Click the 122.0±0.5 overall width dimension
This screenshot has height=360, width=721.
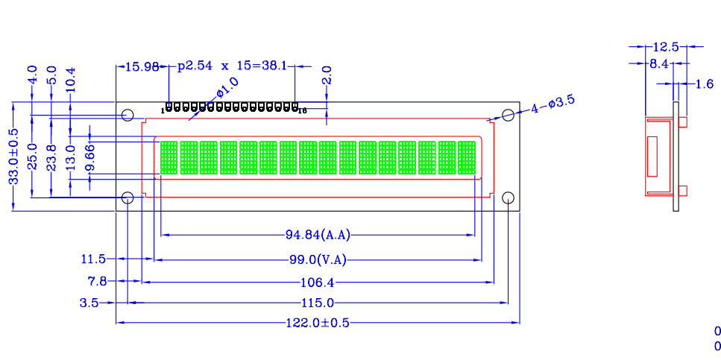point(318,323)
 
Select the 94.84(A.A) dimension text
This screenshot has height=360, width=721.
point(318,236)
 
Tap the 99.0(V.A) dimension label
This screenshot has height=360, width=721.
point(318,260)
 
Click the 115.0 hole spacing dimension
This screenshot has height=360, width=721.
point(318,303)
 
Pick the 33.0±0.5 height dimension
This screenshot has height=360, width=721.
point(14,157)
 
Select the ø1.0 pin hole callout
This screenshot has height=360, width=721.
point(227,87)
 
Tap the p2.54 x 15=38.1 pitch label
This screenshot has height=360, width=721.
point(232,66)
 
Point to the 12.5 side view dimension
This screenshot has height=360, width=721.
point(665,46)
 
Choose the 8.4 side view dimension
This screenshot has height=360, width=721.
point(658,64)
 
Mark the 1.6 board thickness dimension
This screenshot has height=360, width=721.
point(704,83)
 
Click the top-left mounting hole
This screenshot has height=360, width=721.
point(127,115)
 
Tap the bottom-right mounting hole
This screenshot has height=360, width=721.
point(508,198)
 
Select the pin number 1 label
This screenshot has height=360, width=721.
point(163,111)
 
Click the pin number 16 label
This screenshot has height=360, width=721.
point(302,111)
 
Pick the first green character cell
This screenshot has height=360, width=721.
point(169,158)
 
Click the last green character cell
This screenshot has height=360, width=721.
point(466,158)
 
